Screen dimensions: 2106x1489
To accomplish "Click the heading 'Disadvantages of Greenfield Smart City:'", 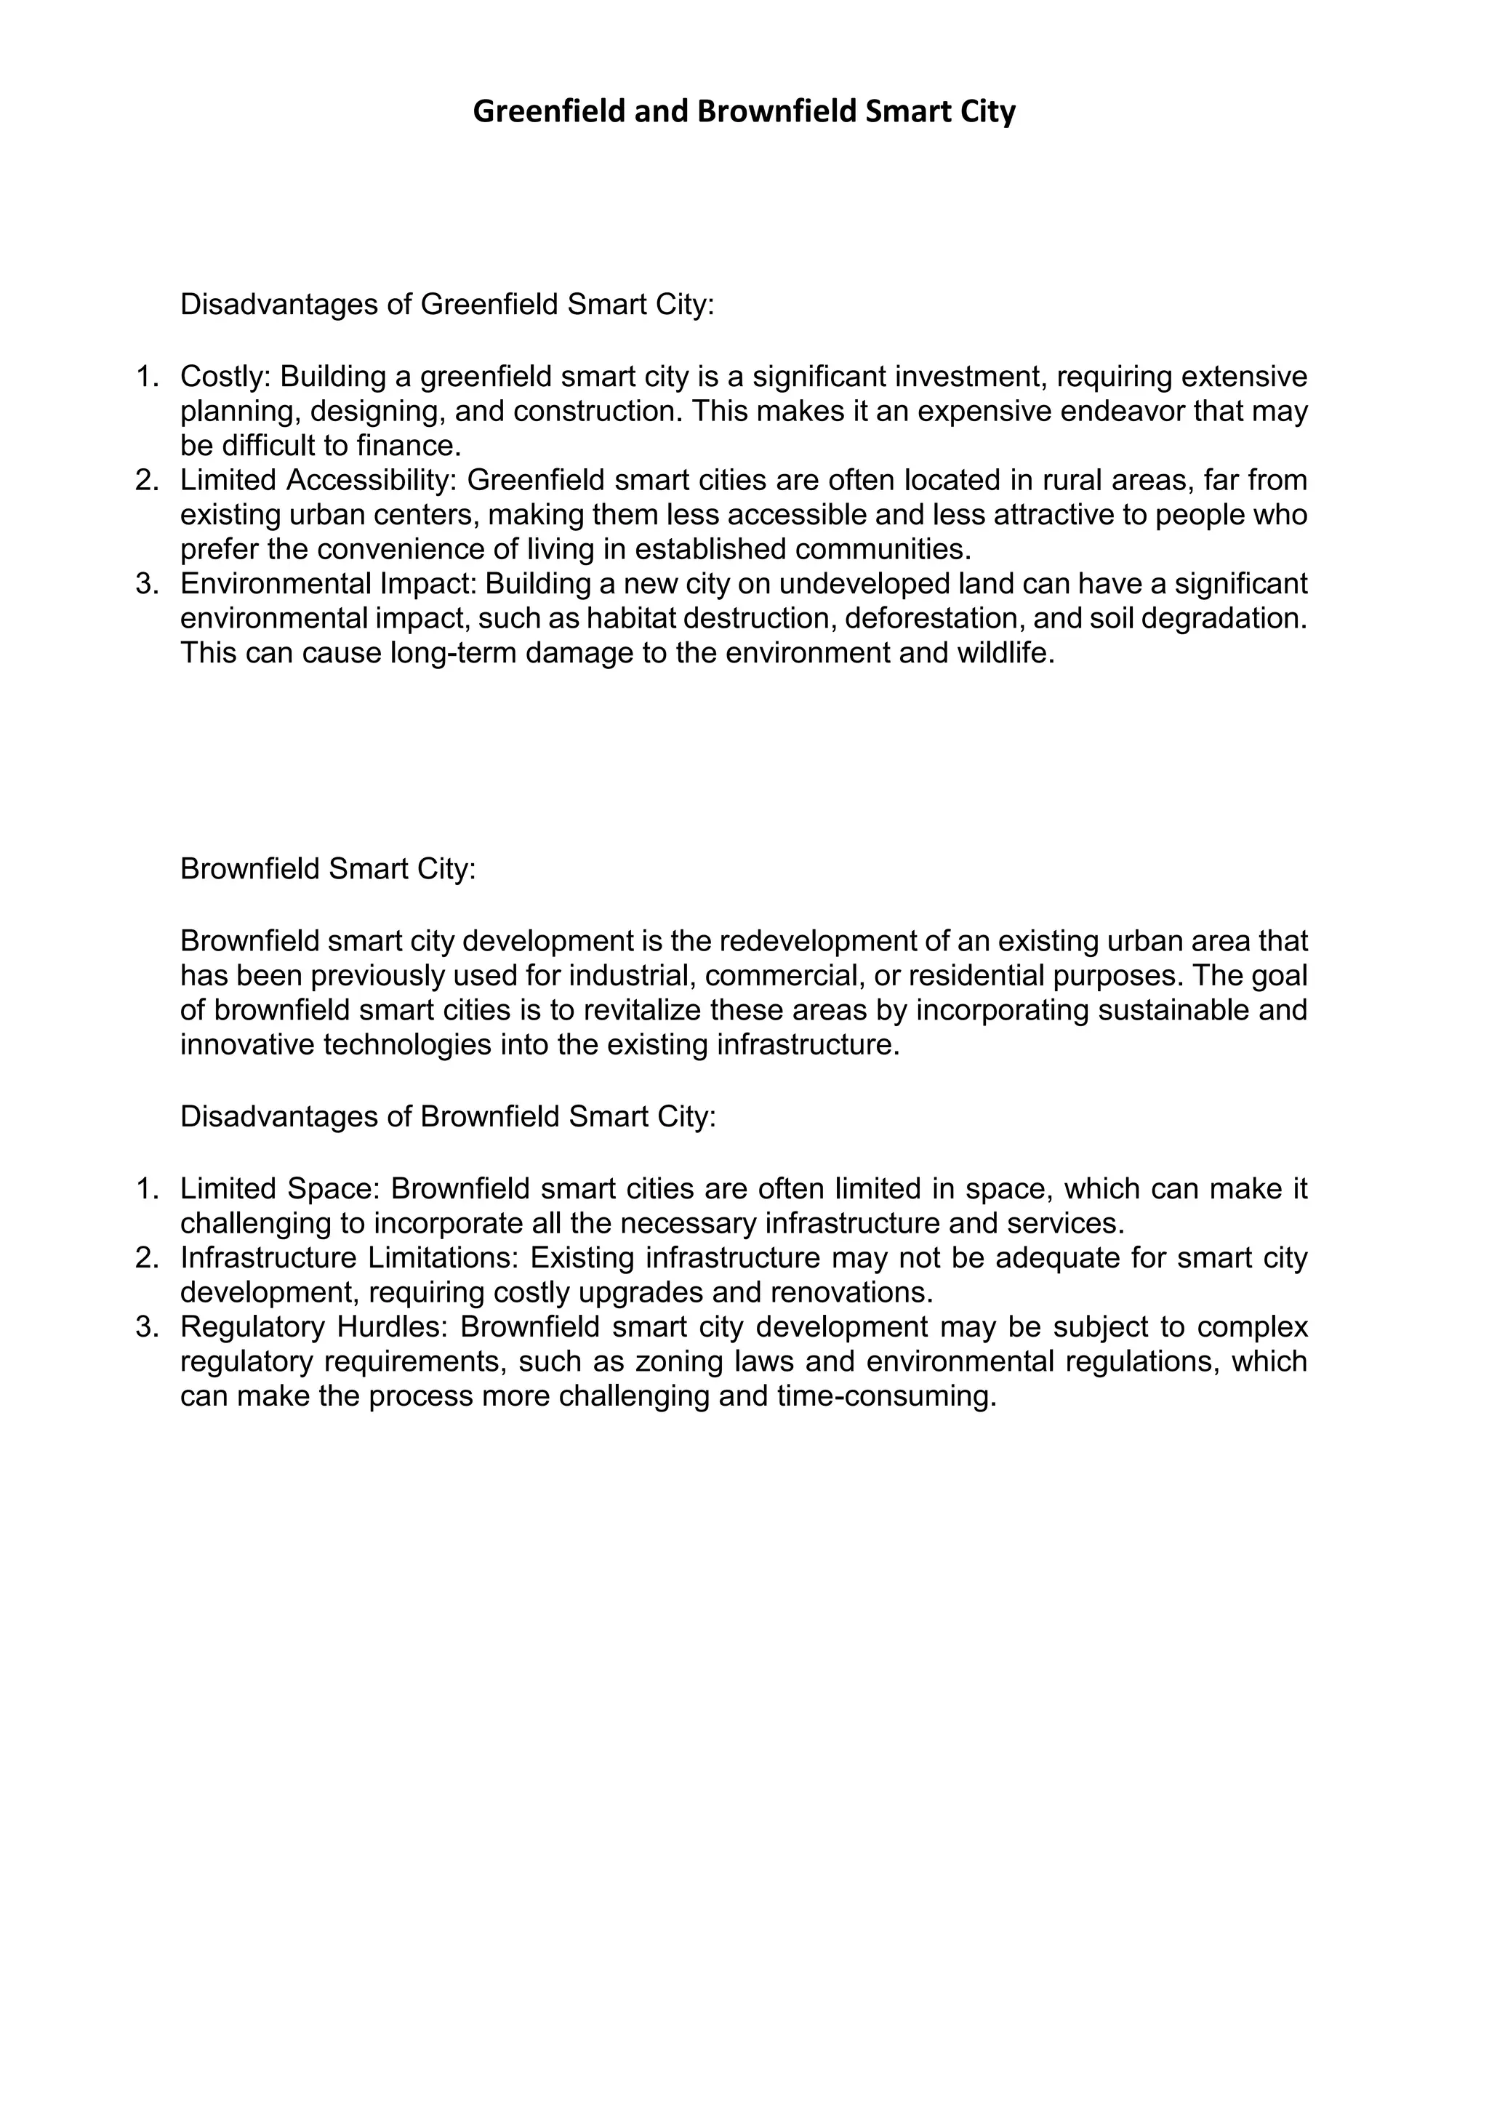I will (446, 305).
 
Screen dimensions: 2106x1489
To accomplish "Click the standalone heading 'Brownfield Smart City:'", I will (327, 868).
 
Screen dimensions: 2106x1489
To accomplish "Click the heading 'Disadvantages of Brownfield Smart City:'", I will (447, 1116).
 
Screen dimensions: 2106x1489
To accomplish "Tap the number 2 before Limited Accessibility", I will (147, 480).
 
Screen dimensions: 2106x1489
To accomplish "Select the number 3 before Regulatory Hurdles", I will (147, 1326).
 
